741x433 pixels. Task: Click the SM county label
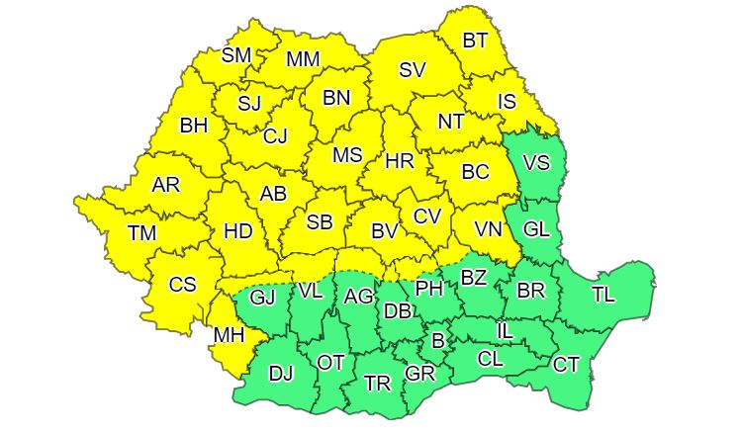(235, 55)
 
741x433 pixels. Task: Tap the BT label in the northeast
(476, 41)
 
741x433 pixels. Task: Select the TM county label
(142, 233)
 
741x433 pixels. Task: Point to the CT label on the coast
(566, 365)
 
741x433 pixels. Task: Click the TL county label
(602, 294)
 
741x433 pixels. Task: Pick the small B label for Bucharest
(437, 341)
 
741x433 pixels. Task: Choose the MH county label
(229, 335)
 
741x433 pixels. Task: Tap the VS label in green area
(535, 160)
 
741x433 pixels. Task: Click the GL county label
(536, 229)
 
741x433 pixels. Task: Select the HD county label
(238, 231)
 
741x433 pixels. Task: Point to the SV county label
(412, 70)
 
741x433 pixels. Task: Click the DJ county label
(282, 373)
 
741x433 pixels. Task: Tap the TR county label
(377, 383)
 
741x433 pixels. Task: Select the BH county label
(193, 126)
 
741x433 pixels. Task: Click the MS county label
(347, 155)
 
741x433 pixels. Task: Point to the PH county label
(429, 288)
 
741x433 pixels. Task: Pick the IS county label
(507, 100)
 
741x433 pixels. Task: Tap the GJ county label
(262, 296)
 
